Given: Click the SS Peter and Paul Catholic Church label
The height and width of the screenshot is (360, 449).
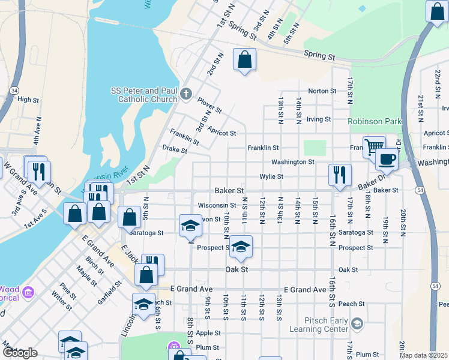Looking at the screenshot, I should click(x=144, y=95).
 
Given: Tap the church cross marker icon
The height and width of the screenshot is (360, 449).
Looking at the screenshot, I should click(x=186, y=94).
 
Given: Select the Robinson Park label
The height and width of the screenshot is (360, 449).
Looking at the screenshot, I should click(x=375, y=121).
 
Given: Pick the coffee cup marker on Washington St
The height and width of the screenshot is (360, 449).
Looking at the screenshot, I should click(x=387, y=160).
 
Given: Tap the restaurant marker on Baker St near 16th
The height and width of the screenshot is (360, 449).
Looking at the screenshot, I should click(x=340, y=175).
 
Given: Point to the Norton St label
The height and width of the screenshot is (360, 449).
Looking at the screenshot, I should click(x=322, y=91).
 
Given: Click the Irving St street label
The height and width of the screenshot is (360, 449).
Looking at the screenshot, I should click(x=319, y=119).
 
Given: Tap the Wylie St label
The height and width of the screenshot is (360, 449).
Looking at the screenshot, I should click(x=271, y=176).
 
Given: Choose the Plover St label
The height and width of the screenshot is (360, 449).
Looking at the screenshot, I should click(x=210, y=109).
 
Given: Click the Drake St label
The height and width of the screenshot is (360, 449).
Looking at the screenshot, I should click(x=175, y=148).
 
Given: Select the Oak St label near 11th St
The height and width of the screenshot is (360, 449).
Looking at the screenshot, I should click(x=237, y=270).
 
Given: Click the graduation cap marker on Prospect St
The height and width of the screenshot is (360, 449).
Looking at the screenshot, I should click(x=241, y=247).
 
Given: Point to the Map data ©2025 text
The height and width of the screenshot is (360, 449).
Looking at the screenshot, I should click(x=423, y=355).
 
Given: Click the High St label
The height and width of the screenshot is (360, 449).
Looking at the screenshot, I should click(x=28, y=100).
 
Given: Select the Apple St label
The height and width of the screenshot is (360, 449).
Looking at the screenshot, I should click(x=208, y=332).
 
